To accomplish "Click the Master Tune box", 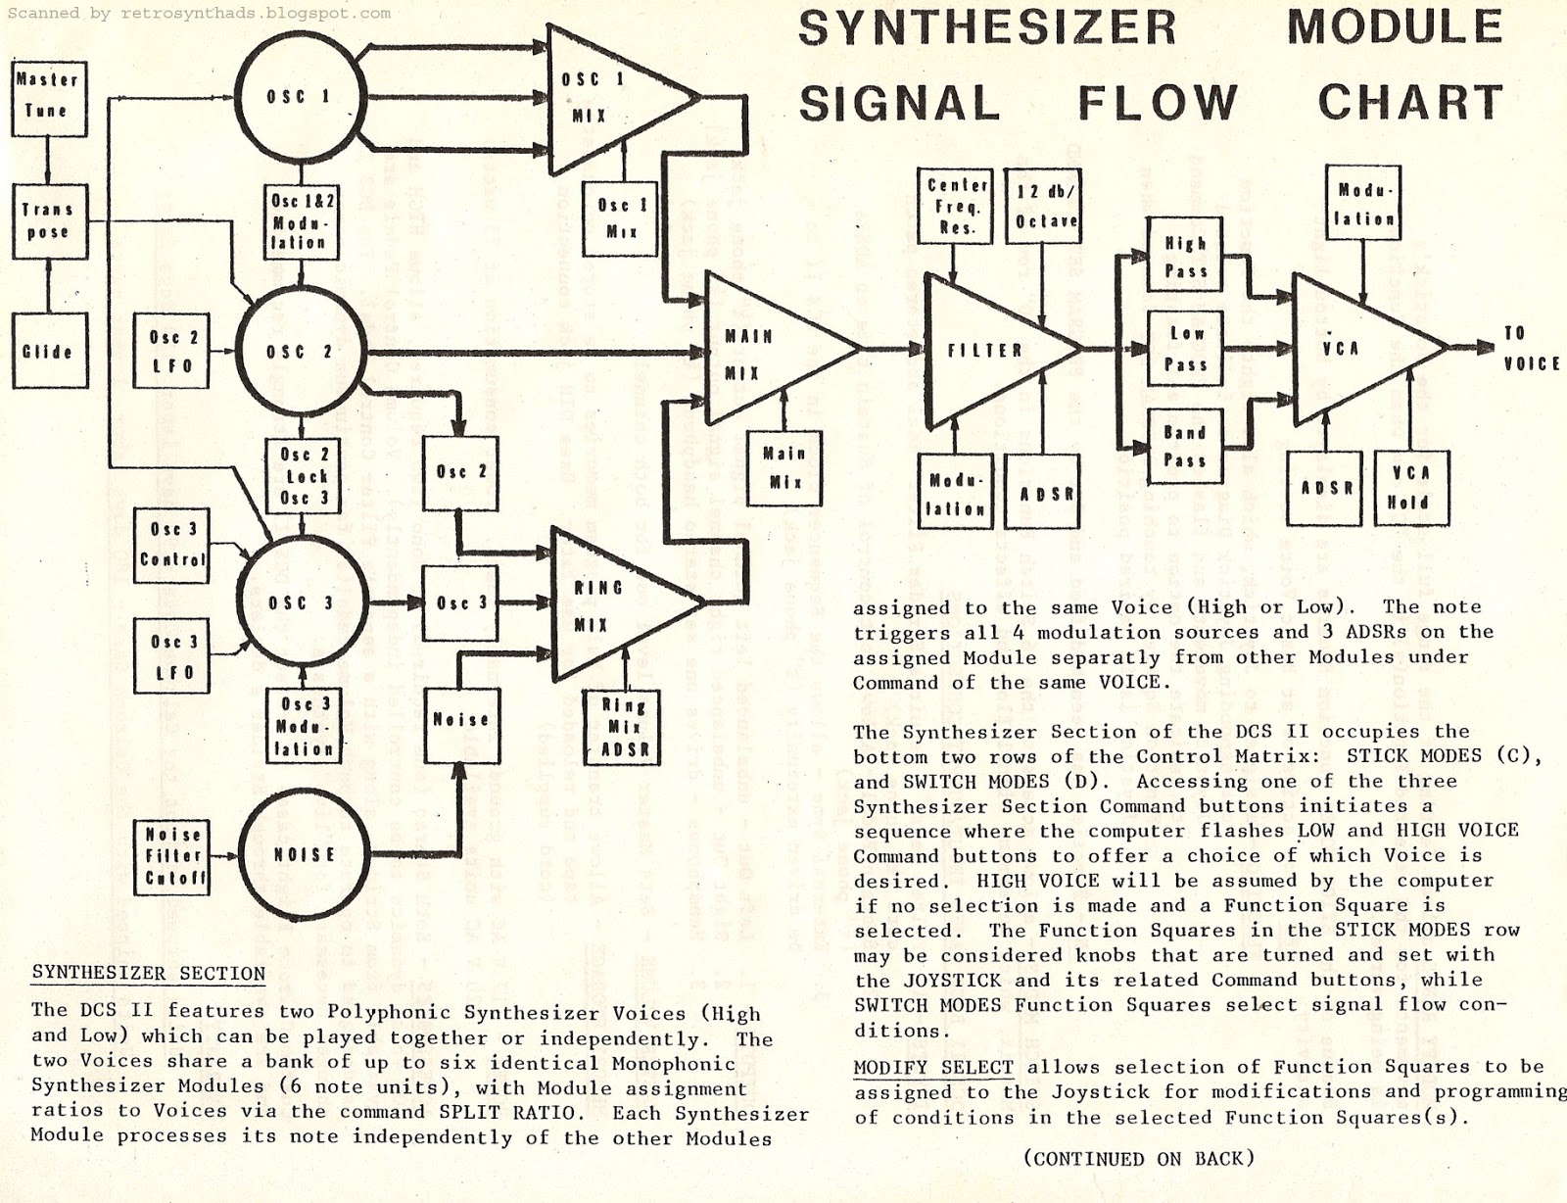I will point(48,95).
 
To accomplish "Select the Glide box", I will point(48,351).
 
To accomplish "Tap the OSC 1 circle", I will point(301,97).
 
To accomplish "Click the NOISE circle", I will point(303,854).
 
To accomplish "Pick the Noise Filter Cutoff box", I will point(174,855).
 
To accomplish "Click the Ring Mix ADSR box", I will point(624,728).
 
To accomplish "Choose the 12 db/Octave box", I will point(1045,206).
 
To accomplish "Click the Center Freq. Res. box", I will point(956,206).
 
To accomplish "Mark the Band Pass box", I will point(1184,446).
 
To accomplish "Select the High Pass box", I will point(1185,257).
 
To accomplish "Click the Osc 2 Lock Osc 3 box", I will point(304,476).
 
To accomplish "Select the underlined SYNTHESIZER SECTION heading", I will point(149,974).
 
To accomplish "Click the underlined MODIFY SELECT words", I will point(933,1067).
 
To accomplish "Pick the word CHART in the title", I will point(1409,103).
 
